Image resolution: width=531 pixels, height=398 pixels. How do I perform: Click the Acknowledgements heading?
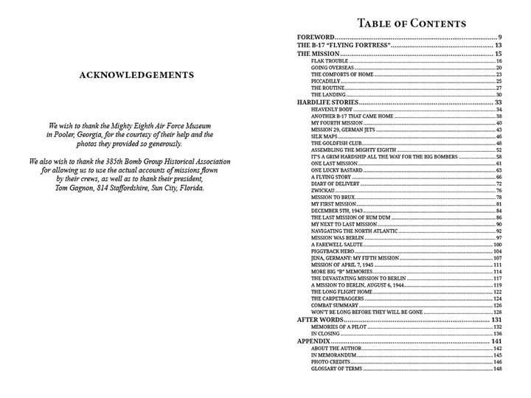point(136,74)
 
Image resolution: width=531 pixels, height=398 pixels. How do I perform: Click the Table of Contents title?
point(411,23)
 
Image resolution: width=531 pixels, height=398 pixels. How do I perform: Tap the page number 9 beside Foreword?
point(499,37)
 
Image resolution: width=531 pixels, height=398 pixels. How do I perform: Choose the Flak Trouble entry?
point(329,61)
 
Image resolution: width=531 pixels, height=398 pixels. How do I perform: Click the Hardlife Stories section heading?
point(327,101)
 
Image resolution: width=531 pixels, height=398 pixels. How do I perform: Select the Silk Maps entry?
point(324,136)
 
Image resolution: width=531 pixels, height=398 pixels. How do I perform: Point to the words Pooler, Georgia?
point(79,135)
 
